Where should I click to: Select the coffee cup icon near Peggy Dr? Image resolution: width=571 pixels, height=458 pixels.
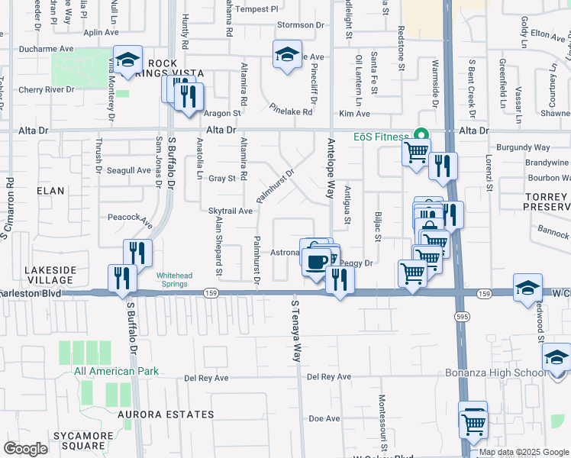pos(316,262)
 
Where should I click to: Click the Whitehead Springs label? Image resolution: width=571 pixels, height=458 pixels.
pos(176,280)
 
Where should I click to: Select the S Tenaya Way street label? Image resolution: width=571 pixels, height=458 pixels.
pos(295,331)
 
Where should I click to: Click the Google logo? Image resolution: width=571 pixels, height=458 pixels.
pos(25,449)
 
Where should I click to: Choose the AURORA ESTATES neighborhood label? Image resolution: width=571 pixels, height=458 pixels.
pos(166,414)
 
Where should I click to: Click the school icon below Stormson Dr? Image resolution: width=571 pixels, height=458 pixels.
pos(287,55)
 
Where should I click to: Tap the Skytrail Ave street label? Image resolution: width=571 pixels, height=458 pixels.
pos(230,211)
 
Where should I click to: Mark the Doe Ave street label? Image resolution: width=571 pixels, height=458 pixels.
pos(323,418)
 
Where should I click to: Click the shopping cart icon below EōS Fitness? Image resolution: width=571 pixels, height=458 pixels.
pos(416,152)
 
